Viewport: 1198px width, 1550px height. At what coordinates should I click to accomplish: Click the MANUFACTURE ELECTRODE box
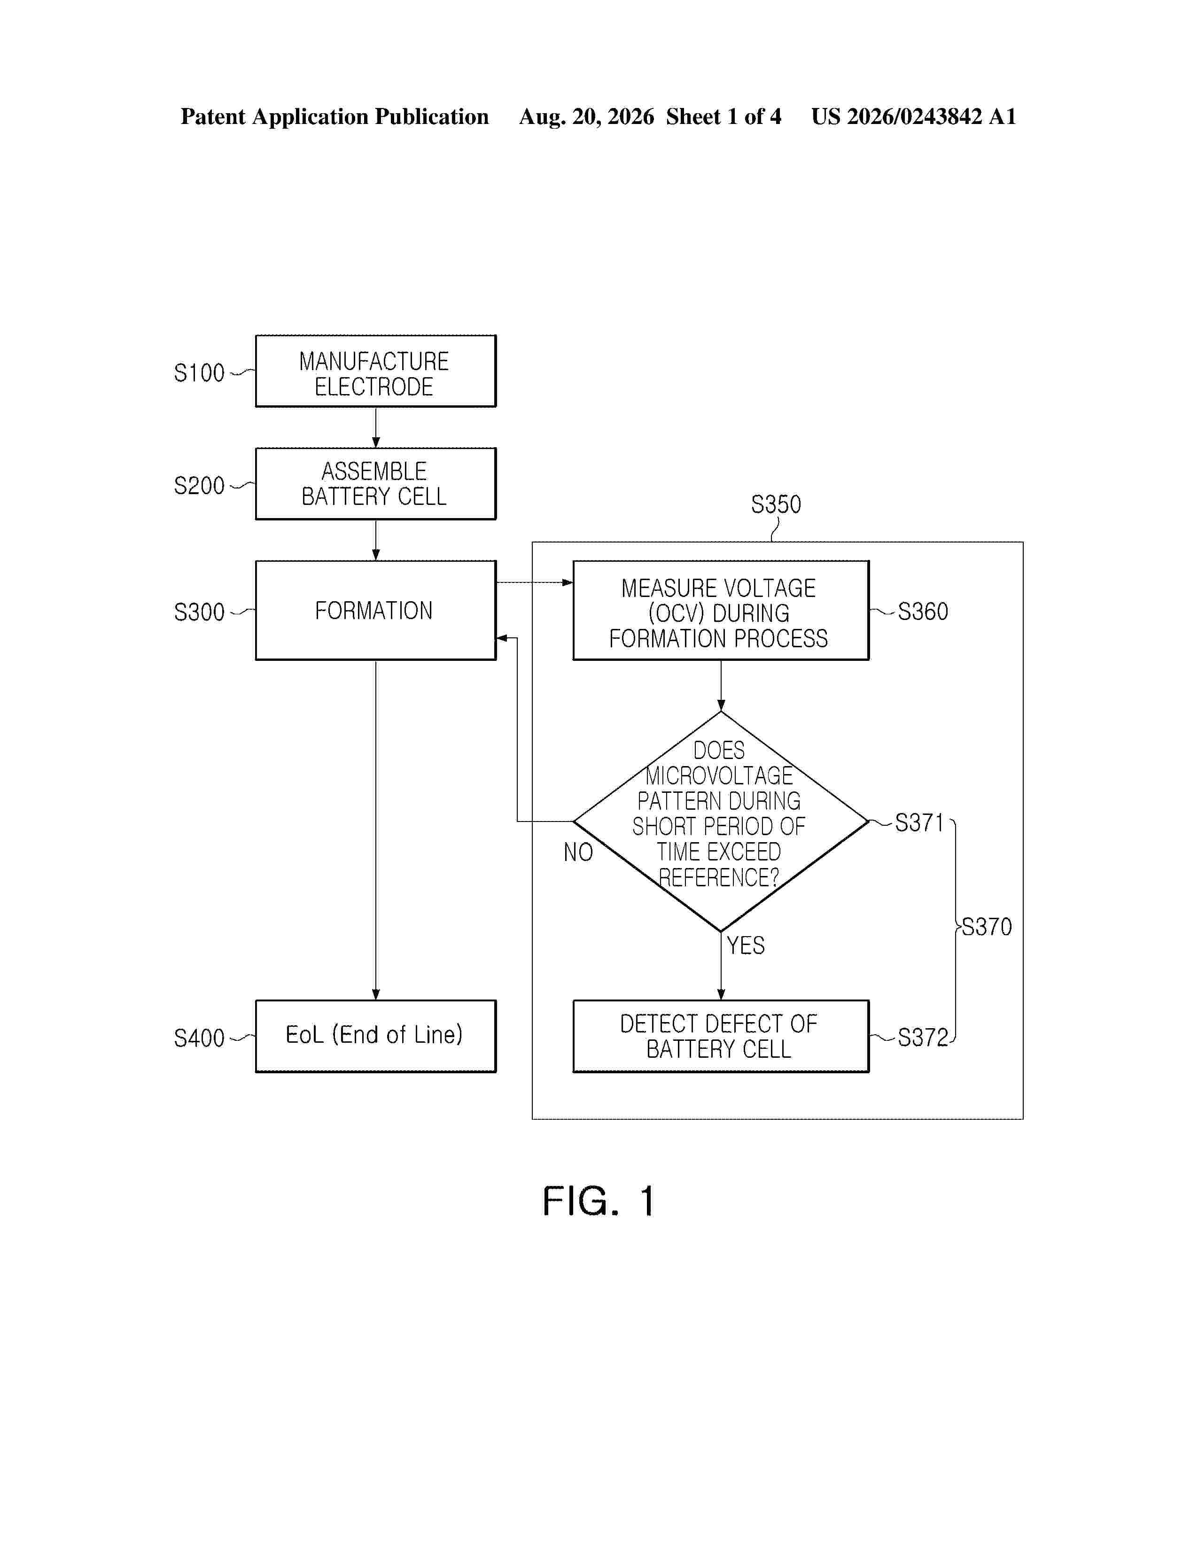(x=375, y=371)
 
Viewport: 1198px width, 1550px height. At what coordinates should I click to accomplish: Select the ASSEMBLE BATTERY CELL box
(x=375, y=484)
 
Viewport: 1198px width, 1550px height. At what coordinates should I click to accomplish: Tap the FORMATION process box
(x=375, y=610)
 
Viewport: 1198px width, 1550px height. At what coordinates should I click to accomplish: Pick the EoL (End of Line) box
(x=375, y=1036)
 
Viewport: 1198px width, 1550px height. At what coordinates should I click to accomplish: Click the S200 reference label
(x=199, y=486)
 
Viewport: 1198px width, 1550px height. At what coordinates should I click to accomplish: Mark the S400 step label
(x=199, y=1038)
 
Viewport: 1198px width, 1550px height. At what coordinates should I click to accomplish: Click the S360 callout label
(x=923, y=612)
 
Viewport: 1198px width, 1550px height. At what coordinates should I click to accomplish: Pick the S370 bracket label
(x=987, y=927)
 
